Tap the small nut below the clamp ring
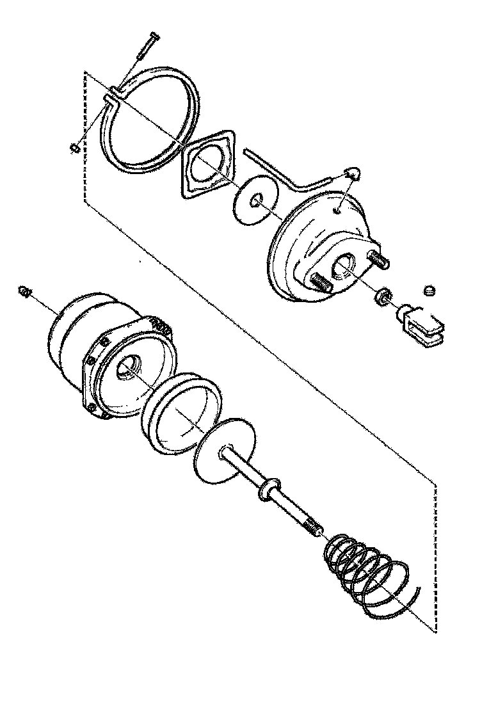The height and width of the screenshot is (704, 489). tap(74, 148)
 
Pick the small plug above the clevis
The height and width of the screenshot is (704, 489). tap(429, 292)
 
